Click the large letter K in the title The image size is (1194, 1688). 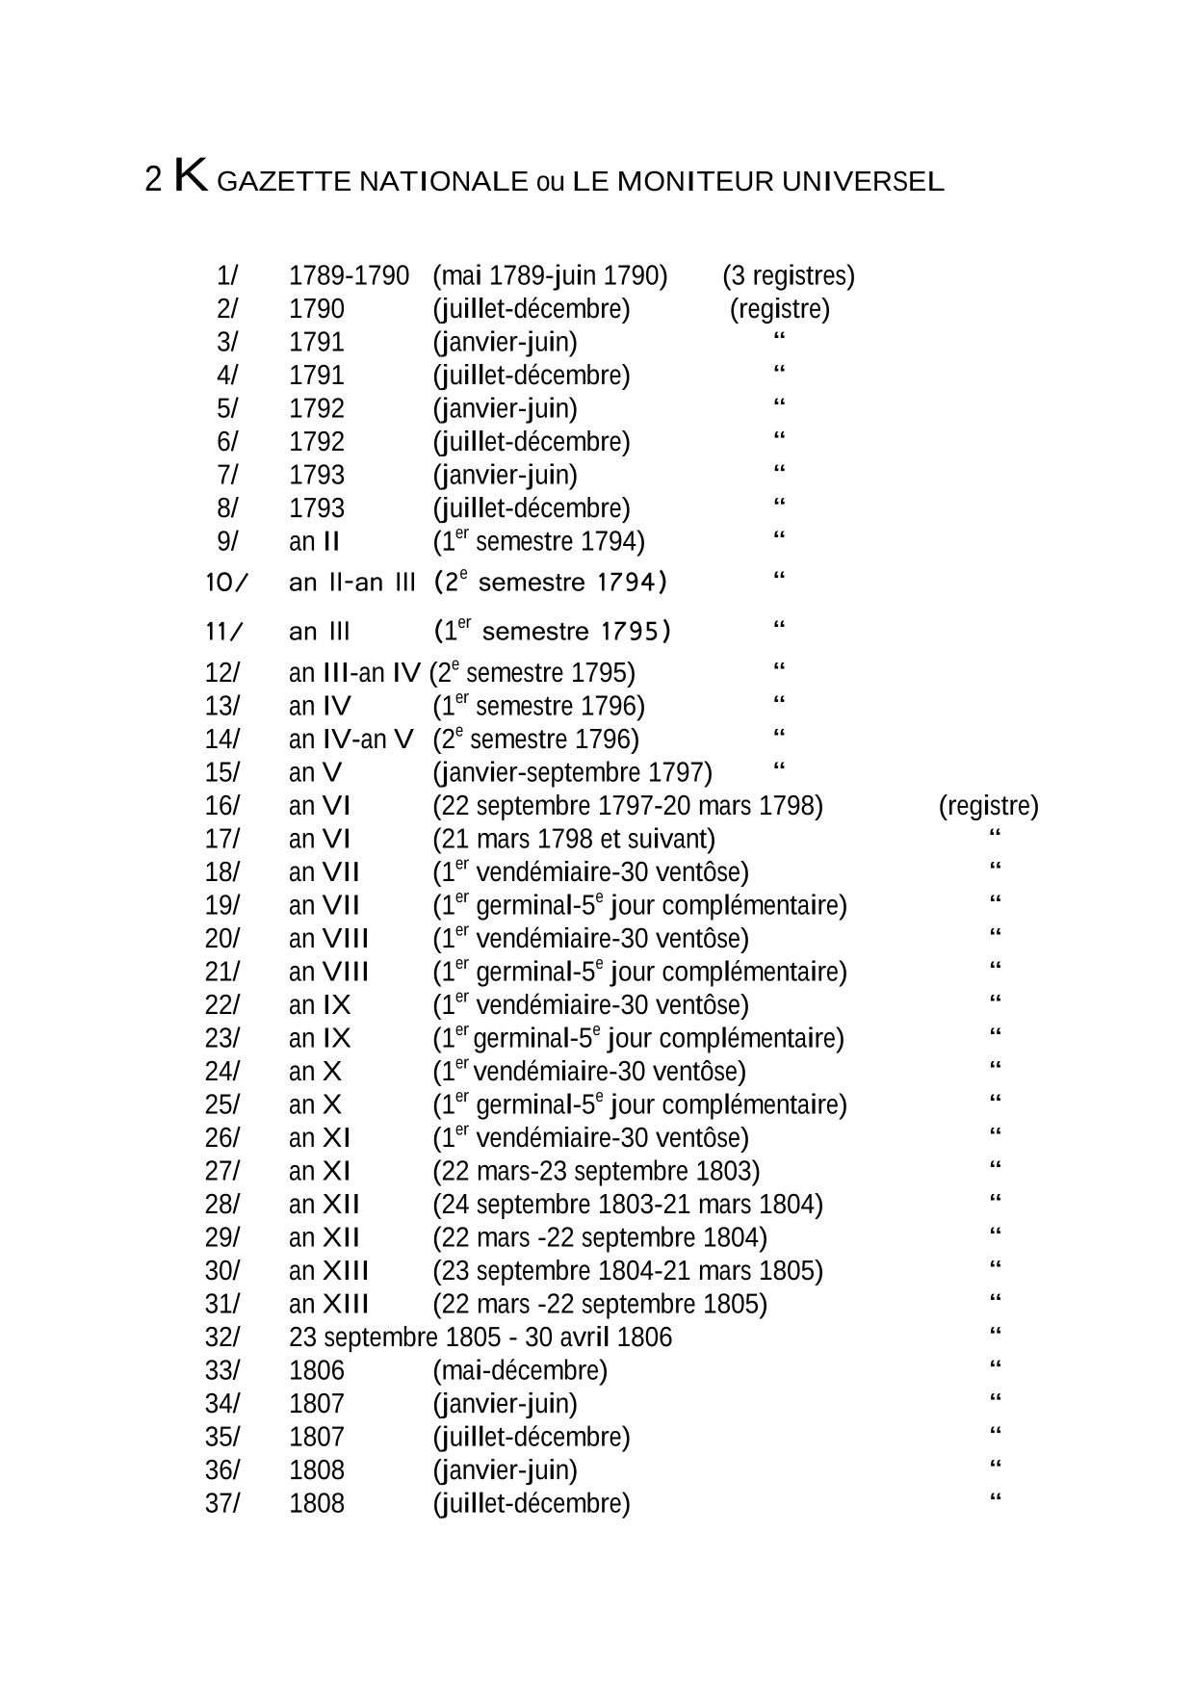click(191, 178)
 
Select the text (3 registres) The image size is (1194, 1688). click(789, 276)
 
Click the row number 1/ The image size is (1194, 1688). click(227, 276)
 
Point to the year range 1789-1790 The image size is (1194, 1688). click(349, 276)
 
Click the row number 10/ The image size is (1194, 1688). click(227, 583)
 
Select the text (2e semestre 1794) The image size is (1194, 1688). click(550, 582)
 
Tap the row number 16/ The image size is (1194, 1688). click(222, 806)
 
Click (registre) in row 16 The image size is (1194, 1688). click(988, 806)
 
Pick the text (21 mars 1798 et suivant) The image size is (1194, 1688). click(574, 840)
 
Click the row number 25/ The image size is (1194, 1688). click(222, 1104)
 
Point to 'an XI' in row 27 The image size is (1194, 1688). click(320, 1171)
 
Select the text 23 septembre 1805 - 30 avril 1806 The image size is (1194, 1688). click(480, 1337)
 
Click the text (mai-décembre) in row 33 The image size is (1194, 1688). click(520, 1370)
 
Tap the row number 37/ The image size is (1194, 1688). click(222, 1503)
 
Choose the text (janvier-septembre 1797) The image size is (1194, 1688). click(572, 773)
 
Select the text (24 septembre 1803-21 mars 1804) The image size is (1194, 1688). click(628, 1205)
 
